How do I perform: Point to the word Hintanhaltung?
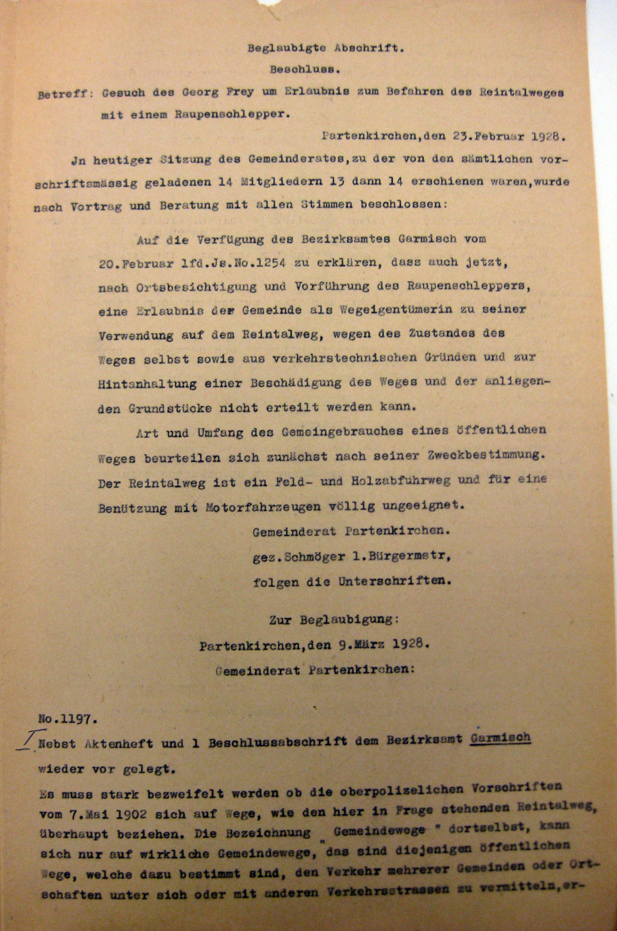tap(147, 384)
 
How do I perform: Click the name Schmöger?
tap(314, 557)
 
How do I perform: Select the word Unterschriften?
tap(394, 582)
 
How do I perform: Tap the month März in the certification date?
tap(371, 645)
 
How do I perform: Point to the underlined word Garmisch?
tap(501, 738)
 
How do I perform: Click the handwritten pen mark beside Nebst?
tap(26, 743)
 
